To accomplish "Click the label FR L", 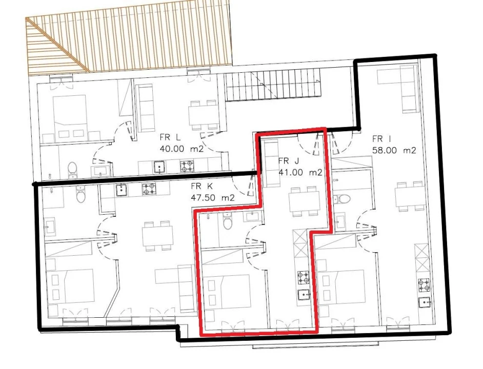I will (x=170, y=138).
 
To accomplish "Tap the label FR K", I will (x=202, y=187).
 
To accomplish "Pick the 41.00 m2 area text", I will (x=300, y=173).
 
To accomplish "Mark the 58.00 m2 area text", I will (x=394, y=150).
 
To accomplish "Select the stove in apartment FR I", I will (x=424, y=284).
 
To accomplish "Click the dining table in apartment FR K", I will (x=157, y=236).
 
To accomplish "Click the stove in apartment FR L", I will (x=186, y=166).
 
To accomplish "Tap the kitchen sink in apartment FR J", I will (x=303, y=295).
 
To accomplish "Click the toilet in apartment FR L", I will (x=72, y=169).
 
